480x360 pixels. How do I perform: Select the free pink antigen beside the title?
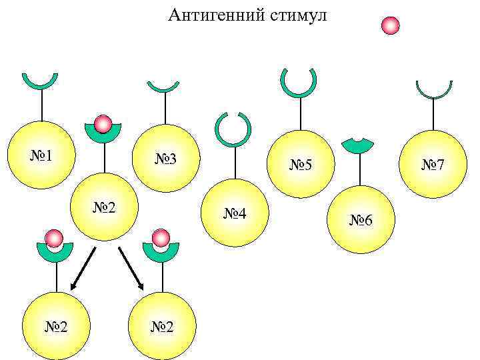pos(390,25)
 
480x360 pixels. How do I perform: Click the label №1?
pos(42,156)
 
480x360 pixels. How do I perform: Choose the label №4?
pos(235,214)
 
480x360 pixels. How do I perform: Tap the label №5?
pos(301,164)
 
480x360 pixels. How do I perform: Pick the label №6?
pos(362,220)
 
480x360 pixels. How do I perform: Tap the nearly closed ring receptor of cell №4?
pos(233,129)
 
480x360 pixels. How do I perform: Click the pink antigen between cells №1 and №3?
pos(103,124)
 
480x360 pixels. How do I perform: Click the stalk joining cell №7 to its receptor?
pos(434,114)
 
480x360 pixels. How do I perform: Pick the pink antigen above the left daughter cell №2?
pos(55,239)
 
